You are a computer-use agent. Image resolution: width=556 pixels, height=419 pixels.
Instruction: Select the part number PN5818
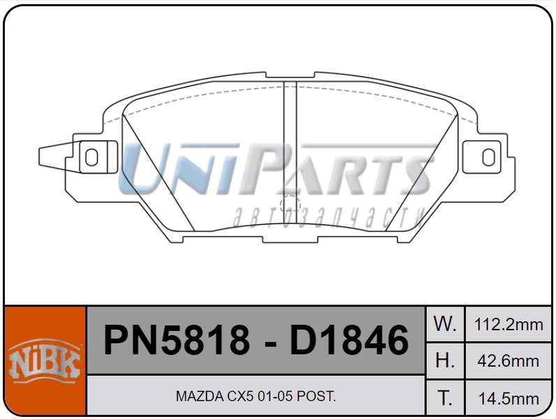[177, 341]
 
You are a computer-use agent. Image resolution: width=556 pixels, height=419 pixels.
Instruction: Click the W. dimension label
[445, 323]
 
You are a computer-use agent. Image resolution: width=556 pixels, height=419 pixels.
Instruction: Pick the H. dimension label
[445, 360]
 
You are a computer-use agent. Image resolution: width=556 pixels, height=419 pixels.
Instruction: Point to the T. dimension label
[445, 398]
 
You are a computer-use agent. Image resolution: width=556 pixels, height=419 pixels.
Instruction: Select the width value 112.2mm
[508, 324]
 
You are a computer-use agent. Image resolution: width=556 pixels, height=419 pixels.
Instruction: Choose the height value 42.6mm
[508, 361]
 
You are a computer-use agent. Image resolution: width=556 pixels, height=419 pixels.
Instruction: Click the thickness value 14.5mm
[508, 399]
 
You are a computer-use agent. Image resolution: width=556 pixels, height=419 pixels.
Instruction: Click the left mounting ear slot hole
[91, 156]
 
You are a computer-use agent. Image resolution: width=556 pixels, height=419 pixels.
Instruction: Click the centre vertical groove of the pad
[290, 140]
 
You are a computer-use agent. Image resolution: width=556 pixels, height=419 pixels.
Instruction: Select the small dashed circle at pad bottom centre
[289, 205]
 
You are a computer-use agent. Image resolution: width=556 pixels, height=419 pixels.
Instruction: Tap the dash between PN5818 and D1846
[270, 342]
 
